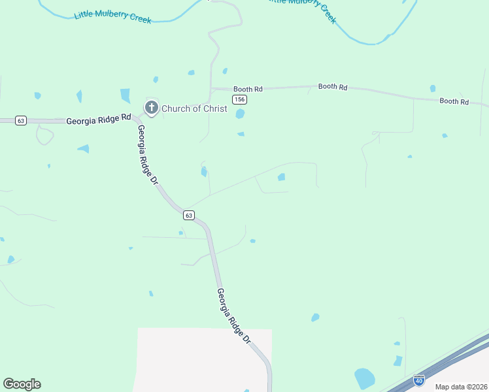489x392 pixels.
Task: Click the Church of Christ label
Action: pyautogui.click(x=194, y=108)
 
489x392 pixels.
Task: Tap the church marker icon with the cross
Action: pyautogui.click(x=152, y=108)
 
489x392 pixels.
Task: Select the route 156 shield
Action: pyautogui.click(x=240, y=99)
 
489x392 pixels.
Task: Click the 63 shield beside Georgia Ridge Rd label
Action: pyautogui.click(x=21, y=121)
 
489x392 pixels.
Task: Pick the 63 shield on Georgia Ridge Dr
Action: pyautogui.click(x=188, y=215)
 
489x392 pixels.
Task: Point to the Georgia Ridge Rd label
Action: pyautogui.click(x=99, y=121)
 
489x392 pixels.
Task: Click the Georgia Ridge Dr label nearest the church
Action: pyautogui.click(x=148, y=154)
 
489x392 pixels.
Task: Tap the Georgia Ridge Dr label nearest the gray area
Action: pyautogui.click(x=233, y=316)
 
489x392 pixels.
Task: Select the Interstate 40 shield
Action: pyautogui.click(x=419, y=380)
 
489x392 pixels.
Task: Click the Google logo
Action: pyautogui.click(x=22, y=384)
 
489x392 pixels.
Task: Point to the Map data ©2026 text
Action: pyautogui.click(x=461, y=387)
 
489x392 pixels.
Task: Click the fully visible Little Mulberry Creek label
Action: pyautogui.click(x=112, y=16)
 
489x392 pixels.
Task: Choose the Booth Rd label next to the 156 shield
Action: pyautogui.click(x=248, y=89)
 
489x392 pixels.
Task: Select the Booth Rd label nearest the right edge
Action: pyautogui.click(x=454, y=101)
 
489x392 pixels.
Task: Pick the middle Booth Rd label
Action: pyautogui.click(x=333, y=86)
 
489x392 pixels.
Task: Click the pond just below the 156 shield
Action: pyautogui.click(x=240, y=114)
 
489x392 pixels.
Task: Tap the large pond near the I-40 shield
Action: pyautogui.click(x=364, y=378)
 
